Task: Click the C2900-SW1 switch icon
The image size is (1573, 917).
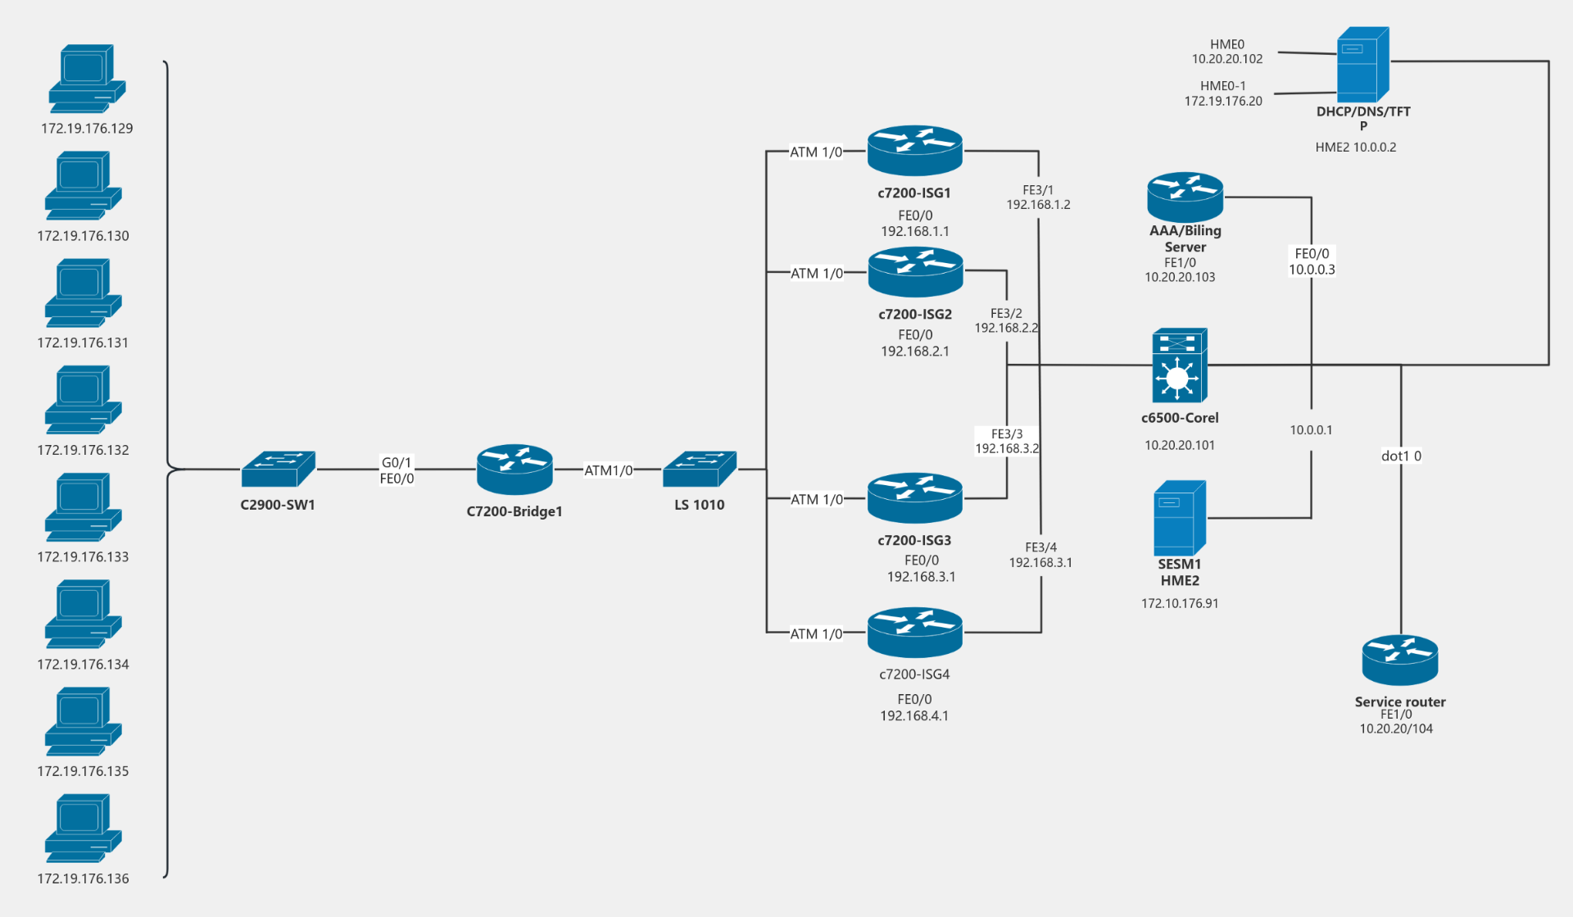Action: [278, 469]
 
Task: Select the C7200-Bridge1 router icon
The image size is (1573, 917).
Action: [515, 469]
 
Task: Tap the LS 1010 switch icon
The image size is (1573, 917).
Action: [699, 469]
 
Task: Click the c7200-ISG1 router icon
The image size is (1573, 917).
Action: [914, 151]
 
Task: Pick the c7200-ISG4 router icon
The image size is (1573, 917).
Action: [914, 632]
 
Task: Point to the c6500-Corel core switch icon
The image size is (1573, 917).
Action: [1179, 365]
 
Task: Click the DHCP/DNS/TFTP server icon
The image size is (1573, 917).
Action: [1362, 65]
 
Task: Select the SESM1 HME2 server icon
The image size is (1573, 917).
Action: [1179, 518]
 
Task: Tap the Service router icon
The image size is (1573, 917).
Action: [1399, 660]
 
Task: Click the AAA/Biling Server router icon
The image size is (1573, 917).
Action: [1185, 197]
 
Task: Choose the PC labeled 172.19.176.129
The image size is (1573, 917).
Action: [86, 79]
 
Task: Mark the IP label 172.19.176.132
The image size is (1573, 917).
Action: [83, 450]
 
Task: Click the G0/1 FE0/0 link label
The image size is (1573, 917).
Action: [397, 470]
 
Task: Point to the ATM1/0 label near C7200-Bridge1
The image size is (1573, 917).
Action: [608, 470]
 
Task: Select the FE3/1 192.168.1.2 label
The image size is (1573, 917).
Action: [1038, 197]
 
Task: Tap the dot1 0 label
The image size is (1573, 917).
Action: [1401, 456]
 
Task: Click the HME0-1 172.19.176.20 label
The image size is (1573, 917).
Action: [1222, 93]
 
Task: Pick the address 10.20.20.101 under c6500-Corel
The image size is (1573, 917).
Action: [1179, 445]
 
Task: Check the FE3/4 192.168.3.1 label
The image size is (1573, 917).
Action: [1040, 555]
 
